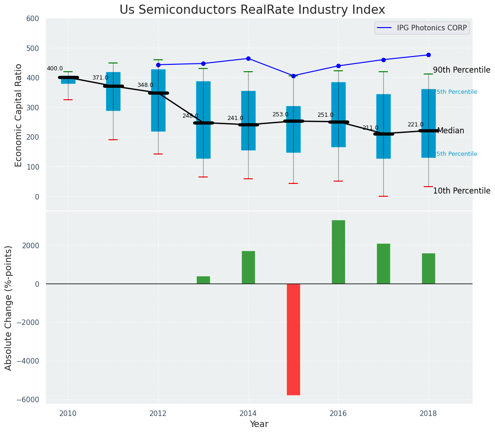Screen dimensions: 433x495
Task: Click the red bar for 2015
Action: (293, 339)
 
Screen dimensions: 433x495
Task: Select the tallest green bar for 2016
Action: (338, 252)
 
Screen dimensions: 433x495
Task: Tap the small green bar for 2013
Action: (203, 280)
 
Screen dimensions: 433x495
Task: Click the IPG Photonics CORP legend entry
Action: (422, 28)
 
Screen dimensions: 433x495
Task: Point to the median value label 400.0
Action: (55, 69)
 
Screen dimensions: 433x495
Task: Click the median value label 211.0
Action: (370, 128)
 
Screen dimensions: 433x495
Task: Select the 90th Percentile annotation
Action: (461, 70)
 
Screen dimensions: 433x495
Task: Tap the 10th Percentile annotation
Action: (461, 191)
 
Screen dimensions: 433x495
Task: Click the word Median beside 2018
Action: (450, 131)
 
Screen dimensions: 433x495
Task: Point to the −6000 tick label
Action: (29, 400)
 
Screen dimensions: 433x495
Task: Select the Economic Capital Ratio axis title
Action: (19, 115)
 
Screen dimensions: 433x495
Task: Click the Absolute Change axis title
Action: (9, 308)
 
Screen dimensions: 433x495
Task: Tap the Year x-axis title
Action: (259, 424)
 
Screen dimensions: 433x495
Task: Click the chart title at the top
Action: (252, 10)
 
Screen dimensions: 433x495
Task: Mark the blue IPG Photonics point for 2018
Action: (428, 55)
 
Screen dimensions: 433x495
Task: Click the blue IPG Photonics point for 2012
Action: (158, 65)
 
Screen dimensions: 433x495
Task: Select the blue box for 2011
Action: (113, 91)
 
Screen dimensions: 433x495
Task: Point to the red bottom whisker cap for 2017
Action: (383, 196)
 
